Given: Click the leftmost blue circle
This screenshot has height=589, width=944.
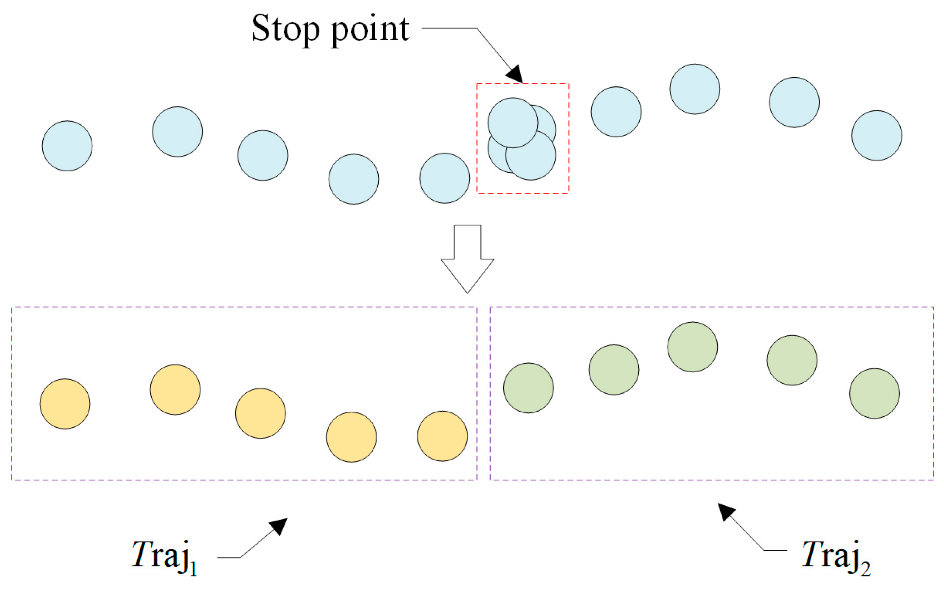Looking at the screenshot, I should point(67,146).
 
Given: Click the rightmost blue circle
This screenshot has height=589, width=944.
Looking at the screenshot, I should point(876,135).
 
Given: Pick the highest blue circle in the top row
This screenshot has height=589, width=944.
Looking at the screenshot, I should point(694,89).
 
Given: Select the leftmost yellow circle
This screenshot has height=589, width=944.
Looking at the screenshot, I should point(65,404).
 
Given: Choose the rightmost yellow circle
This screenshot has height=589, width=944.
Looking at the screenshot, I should point(442,436).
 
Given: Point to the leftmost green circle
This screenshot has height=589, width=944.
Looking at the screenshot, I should point(528,388).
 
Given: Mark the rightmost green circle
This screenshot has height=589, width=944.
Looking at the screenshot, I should point(874,393).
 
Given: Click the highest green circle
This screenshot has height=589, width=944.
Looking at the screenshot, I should point(692,347).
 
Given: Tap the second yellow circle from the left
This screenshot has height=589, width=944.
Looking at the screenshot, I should point(175,389).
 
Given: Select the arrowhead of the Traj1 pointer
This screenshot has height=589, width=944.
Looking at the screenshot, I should point(279,526).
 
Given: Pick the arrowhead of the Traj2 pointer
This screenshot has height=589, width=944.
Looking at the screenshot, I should point(725,511).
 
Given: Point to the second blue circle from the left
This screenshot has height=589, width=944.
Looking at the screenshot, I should point(178,132).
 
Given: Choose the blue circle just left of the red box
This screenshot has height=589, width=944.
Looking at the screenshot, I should point(444,178).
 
